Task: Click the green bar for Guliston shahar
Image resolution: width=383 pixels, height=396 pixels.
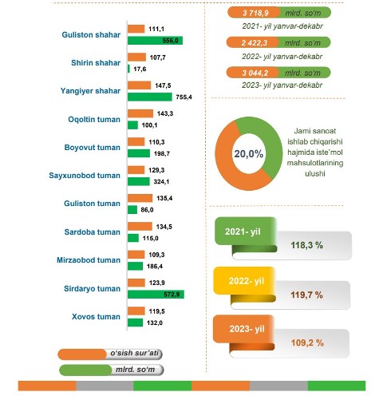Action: pos(155,41)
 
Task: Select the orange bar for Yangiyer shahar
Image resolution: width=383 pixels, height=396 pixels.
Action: pos(139,85)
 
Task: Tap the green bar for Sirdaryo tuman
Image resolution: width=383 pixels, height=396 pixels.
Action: pos(156,295)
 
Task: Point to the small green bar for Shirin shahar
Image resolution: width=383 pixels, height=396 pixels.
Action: pos(128,69)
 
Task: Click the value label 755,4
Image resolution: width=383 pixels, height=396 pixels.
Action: pos(184,97)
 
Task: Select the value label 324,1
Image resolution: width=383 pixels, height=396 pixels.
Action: pos(161,182)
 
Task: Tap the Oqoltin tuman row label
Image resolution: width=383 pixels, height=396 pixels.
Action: pos(94,119)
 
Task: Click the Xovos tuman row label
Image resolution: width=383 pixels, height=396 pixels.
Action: pos(96,317)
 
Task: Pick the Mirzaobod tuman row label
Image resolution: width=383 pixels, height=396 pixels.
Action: pos(89,260)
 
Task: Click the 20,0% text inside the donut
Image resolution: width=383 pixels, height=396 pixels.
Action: pos(249,153)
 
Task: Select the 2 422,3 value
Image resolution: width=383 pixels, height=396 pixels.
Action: pos(254,43)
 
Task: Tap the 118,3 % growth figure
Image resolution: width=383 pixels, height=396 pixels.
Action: pos(307,245)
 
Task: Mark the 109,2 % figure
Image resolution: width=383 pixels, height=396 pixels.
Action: pos(307,343)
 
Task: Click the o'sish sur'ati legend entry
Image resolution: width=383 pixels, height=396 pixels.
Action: pos(110,354)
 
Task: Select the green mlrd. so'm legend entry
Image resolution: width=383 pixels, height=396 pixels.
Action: pos(111,370)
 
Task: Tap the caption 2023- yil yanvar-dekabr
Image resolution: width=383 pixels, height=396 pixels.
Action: pos(282,85)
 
